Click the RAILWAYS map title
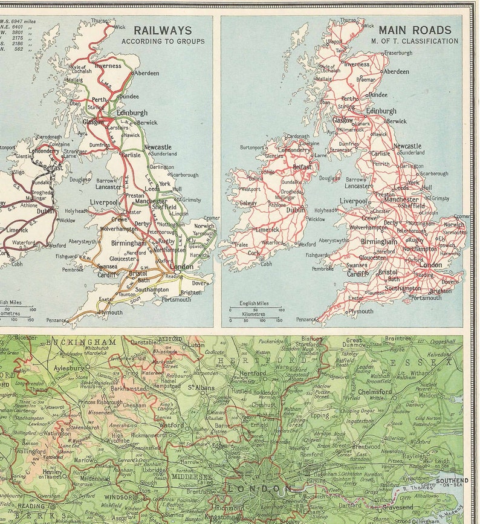[162, 30]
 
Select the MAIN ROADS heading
[415, 30]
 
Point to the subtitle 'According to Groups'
[163, 42]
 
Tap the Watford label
[171, 425]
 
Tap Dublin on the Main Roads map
[296, 210]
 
